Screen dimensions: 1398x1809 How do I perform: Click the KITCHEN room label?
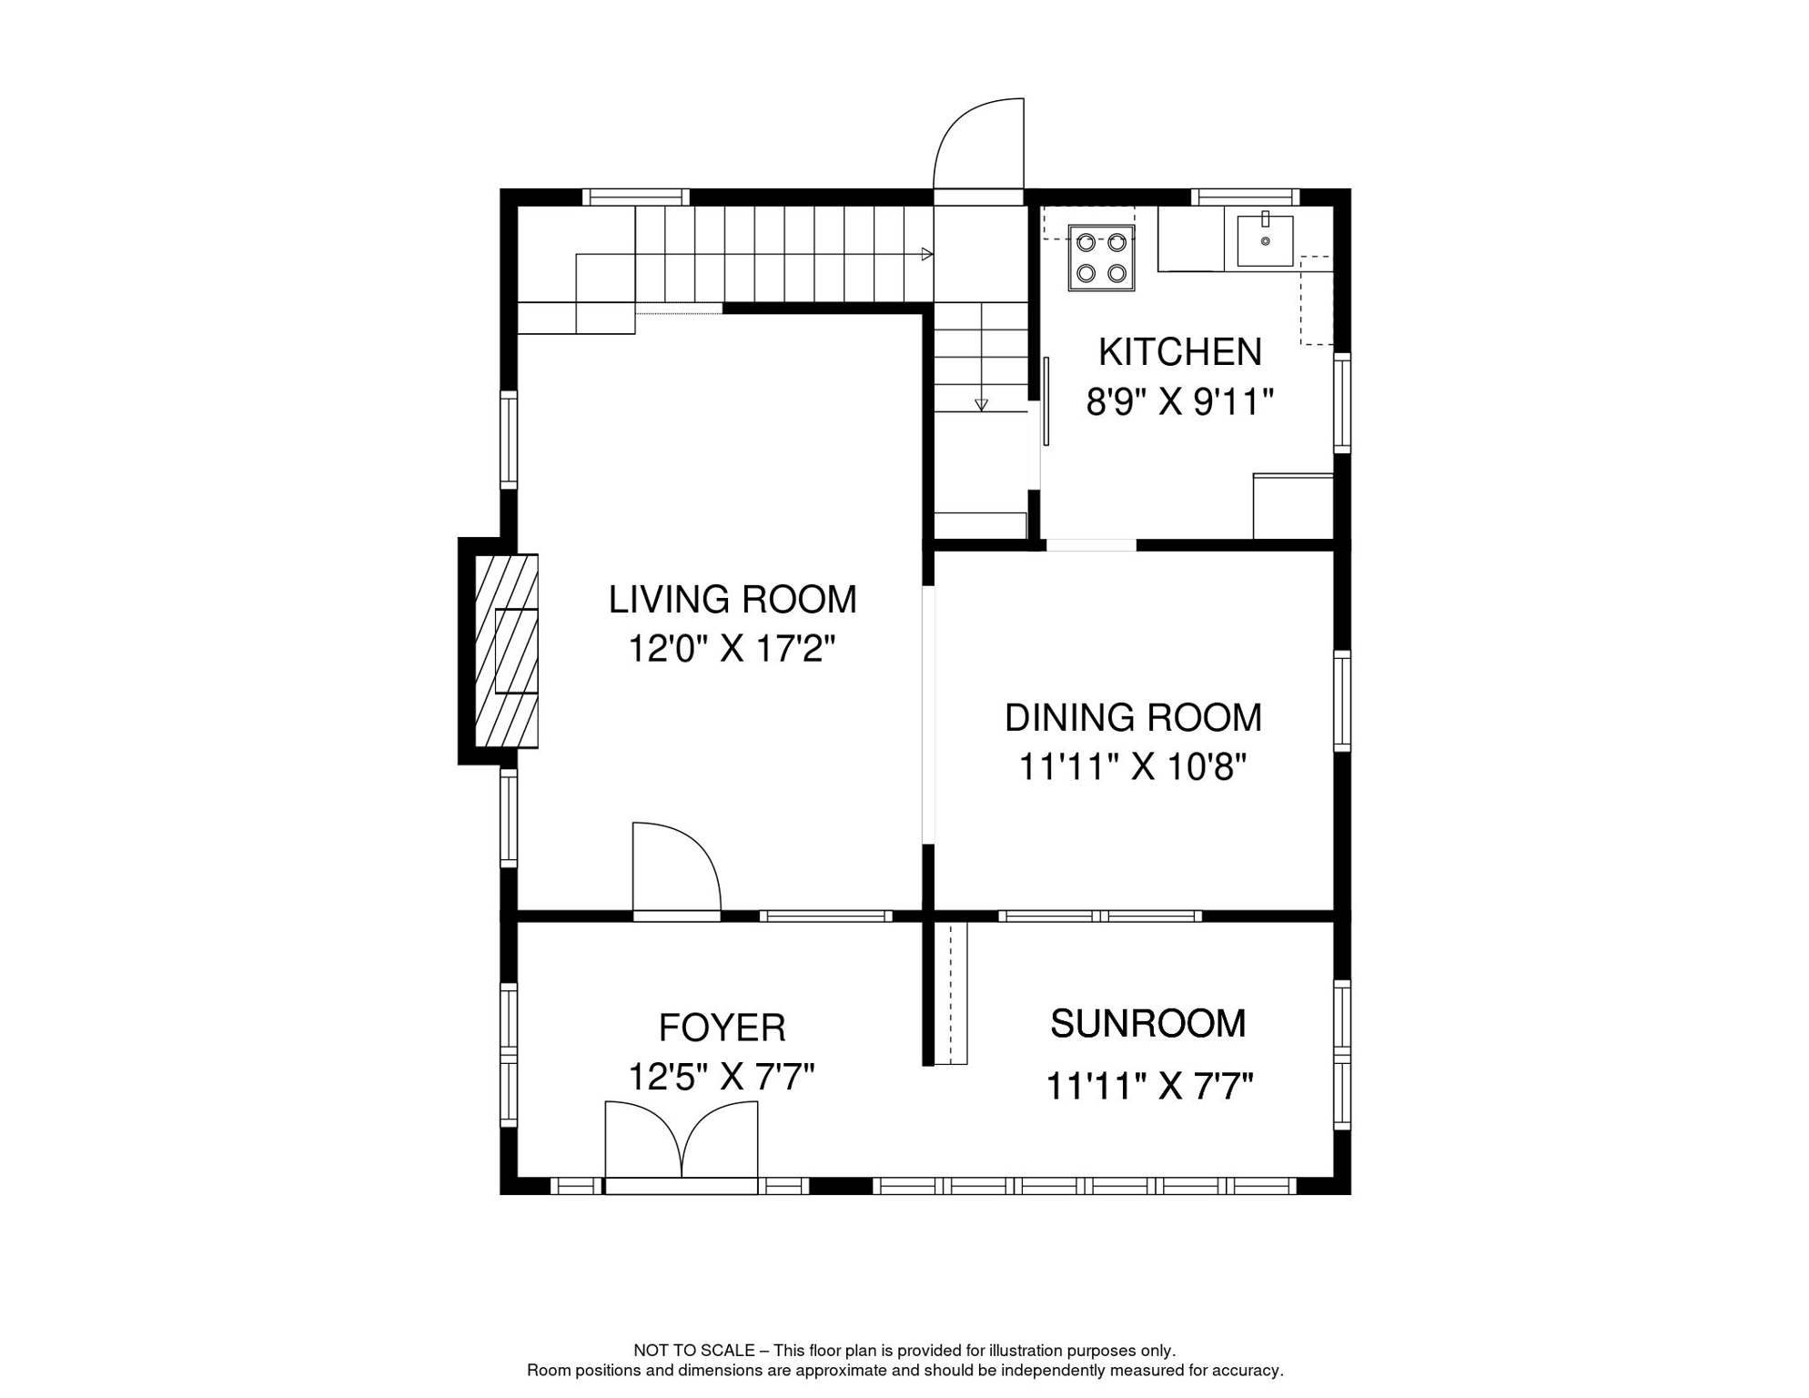1179,352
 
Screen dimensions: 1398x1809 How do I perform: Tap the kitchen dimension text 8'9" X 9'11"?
1179,401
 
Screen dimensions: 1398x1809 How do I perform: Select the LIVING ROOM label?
733,600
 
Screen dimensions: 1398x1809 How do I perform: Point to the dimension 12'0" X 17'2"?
733,649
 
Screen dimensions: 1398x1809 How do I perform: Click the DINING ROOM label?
1133,718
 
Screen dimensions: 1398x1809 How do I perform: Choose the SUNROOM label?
1147,1024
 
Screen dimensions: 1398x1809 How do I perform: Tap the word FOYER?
722,1028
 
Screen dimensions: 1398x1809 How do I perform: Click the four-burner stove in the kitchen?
1101,258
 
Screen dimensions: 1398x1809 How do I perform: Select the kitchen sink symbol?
1265,240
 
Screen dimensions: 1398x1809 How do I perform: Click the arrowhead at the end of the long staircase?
926,254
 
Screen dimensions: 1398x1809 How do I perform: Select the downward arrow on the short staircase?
981,404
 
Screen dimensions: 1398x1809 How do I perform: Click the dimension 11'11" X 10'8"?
1133,767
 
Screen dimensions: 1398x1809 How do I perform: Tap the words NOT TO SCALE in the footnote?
693,1351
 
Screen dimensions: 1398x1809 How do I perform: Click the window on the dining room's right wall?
1341,701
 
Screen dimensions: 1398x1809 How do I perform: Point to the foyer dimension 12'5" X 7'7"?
722,1078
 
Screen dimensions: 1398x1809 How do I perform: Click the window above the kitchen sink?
1244,197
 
